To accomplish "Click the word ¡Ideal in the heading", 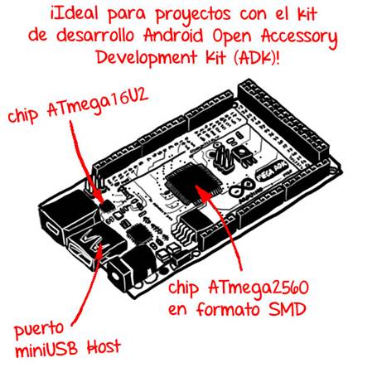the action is click(74, 14).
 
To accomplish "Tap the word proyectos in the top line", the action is click(193, 15).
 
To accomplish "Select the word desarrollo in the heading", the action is click(95, 36).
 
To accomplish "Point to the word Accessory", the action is click(299, 37).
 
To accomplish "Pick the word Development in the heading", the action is click(147, 57).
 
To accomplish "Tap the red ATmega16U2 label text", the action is click(98, 104).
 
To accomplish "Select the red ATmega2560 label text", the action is click(259, 288).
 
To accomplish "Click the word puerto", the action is click(39, 330).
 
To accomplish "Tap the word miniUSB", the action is click(46, 349).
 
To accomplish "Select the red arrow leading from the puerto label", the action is click(88, 284).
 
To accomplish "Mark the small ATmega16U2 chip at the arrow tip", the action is click(107, 206).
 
